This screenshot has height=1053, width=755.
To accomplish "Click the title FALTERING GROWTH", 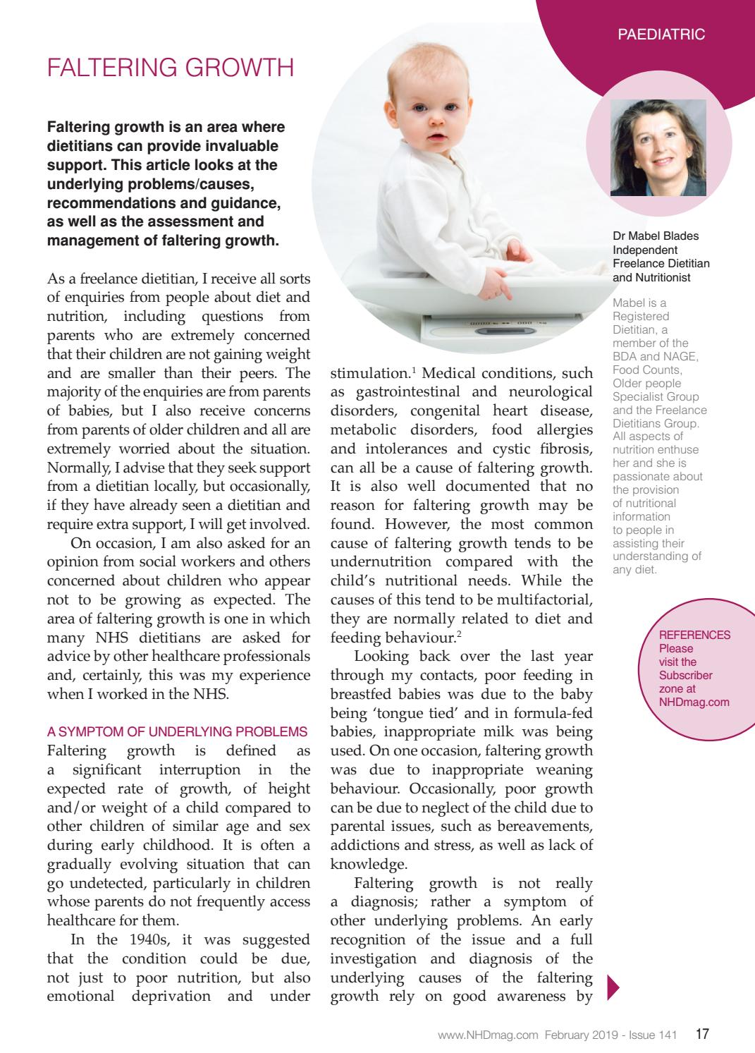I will coord(170,68).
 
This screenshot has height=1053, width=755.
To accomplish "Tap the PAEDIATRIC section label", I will coord(661,34).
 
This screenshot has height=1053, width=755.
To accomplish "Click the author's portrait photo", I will coord(658,147).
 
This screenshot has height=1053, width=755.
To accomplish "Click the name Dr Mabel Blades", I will coord(656,236).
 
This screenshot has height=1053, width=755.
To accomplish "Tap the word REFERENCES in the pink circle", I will coord(694,635).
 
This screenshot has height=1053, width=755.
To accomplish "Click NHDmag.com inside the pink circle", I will coord(694,702).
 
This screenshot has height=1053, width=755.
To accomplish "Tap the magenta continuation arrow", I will coord(612,987).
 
